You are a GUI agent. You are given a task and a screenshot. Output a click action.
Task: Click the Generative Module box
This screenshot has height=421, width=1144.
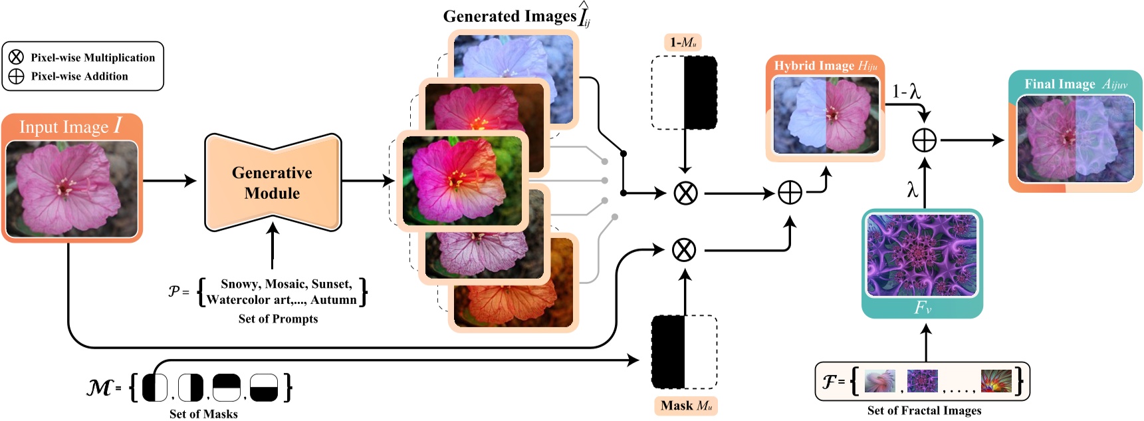(273, 183)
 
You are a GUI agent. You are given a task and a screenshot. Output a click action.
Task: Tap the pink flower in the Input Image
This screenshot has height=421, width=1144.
(66, 188)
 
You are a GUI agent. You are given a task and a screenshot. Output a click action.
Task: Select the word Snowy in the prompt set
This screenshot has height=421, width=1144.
(240, 284)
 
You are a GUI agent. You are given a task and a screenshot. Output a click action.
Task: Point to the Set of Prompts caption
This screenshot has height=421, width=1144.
(278, 319)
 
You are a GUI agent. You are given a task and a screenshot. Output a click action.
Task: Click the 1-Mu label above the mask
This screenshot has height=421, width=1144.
(683, 43)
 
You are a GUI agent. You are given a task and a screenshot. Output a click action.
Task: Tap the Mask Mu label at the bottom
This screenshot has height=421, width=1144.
(686, 406)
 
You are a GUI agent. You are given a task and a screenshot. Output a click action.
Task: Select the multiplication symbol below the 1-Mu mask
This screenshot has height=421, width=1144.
(685, 194)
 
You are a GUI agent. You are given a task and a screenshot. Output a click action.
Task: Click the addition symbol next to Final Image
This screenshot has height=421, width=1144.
(924, 140)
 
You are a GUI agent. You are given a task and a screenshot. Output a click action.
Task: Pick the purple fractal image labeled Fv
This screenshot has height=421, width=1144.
(921, 255)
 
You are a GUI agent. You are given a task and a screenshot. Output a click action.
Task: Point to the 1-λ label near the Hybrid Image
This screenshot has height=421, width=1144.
(906, 92)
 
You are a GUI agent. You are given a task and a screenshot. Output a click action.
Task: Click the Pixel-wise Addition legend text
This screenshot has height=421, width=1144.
(79, 76)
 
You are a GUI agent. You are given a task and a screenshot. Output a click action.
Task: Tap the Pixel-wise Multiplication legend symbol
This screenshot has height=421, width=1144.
(16, 57)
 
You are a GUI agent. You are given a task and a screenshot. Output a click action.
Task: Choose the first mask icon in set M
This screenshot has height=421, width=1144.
(155, 388)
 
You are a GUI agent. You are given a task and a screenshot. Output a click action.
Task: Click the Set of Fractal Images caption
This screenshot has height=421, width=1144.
(924, 411)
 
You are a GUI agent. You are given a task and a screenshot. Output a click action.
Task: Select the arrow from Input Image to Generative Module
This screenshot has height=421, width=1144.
(170, 180)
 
